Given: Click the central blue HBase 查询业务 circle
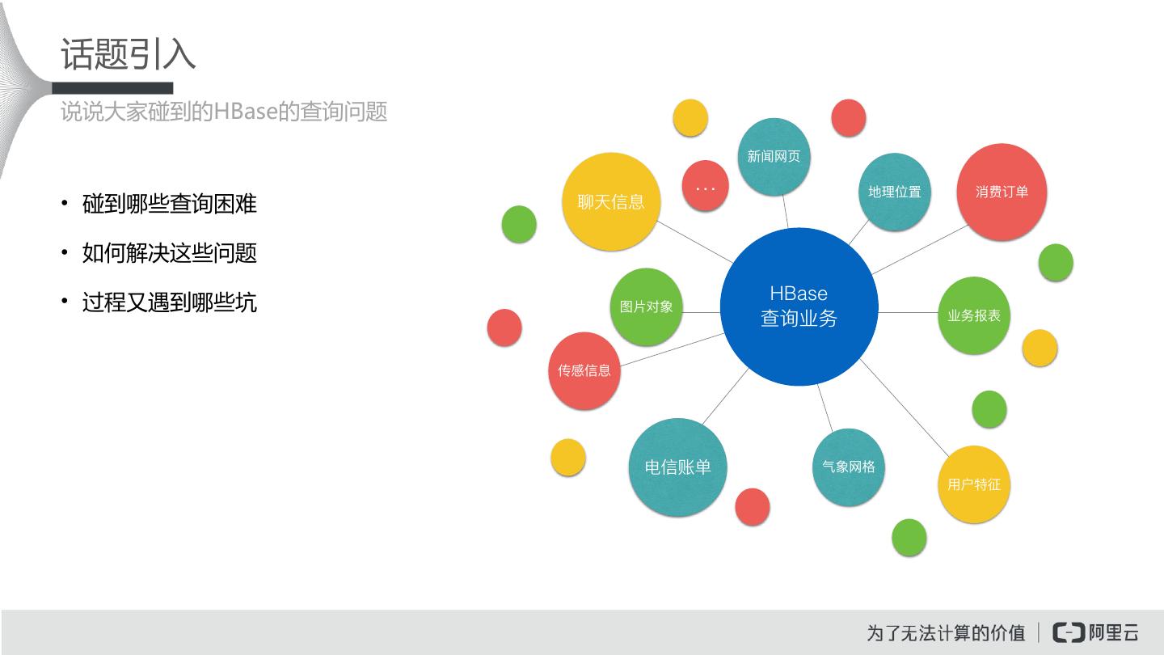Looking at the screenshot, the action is coord(799,306).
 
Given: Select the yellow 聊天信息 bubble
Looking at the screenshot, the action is coord(611,201).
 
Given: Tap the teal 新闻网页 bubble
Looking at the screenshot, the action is coord(774,156).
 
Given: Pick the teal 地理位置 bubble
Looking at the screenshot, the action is coord(894,192).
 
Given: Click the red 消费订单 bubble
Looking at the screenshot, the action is coord(1002,192).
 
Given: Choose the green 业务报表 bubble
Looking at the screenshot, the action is coord(974,315).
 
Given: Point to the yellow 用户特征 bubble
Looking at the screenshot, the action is coord(974,484).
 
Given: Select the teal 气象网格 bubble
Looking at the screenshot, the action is coord(848,467).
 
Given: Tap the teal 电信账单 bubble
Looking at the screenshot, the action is coord(677,467).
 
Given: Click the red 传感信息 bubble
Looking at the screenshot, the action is coord(584,370).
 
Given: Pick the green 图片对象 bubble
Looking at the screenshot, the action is coord(646,306).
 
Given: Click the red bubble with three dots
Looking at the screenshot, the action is coord(706,186).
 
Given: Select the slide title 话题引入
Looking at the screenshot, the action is coord(129,54).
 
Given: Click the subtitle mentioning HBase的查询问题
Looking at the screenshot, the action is coord(224,112).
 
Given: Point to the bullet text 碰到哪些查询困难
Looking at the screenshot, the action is coord(170,204).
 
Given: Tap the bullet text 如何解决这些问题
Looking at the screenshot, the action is coord(170,253).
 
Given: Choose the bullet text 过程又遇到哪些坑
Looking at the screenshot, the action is coord(170,302).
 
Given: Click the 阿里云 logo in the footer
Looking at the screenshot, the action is coord(1096,632).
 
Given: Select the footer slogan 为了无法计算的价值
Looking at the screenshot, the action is coord(946,632).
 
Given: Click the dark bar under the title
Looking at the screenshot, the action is coord(113,88).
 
